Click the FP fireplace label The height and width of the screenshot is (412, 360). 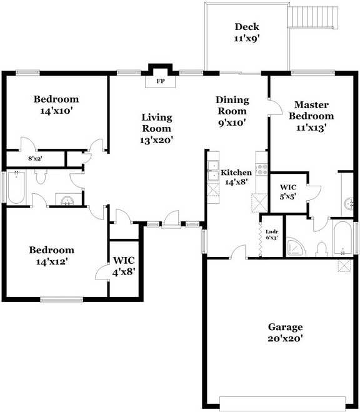coord(160,81)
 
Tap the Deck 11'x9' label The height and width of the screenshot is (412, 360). coord(247,32)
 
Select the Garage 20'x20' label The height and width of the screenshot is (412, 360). coord(285,333)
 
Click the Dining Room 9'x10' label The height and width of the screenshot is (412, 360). coord(232,111)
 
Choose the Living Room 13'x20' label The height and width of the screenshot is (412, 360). coord(156,129)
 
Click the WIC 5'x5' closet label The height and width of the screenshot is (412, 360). coord(288,191)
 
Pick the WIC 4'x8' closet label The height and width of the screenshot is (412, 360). coord(124,266)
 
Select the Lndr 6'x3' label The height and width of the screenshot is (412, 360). coord(272,234)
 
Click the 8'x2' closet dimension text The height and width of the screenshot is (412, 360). coord(36,159)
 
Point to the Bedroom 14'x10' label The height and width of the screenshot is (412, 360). coord(56,104)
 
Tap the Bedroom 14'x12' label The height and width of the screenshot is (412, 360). coord(52,256)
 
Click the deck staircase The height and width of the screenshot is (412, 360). coord(312,15)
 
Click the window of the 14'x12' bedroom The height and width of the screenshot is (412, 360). coord(61,300)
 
